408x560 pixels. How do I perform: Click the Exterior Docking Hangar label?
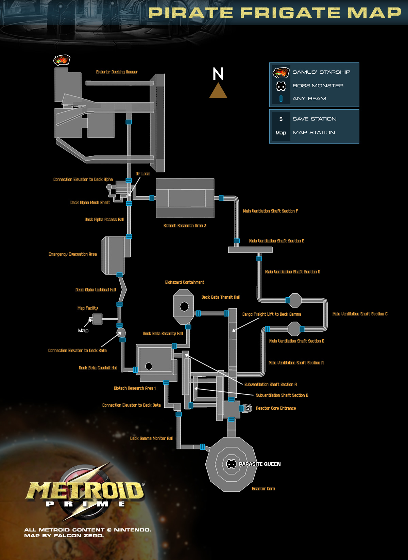point(117,72)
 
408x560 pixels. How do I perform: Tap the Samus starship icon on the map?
point(62,60)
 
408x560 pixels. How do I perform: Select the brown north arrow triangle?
point(218,90)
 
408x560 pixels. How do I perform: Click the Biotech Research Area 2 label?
point(185,225)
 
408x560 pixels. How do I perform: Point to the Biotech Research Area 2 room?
point(185,198)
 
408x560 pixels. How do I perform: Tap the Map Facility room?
point(97,319)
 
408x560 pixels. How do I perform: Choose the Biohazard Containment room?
point(184,306)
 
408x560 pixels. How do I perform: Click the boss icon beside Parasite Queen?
point(231,464)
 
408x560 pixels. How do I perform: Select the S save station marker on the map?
point(248,408)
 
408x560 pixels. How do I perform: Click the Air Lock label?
point(143,173)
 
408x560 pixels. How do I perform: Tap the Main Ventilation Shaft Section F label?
point(271,211)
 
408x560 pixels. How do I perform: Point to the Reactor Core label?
point(263,488)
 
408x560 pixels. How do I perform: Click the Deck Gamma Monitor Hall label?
point(151,438)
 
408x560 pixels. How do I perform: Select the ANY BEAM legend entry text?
point(309,98)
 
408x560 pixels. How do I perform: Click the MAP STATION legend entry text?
point(313,132)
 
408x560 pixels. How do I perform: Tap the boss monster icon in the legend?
point(281,86)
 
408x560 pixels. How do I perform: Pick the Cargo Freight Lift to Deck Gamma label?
point(272,314)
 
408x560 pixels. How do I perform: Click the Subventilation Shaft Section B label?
point(282,395)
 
